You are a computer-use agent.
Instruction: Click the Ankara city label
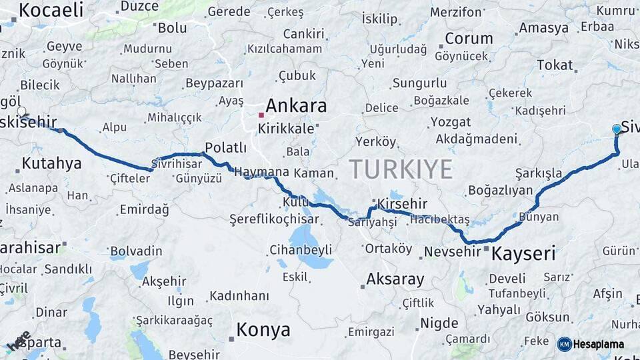point(296,106)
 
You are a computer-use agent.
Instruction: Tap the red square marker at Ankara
point(261,115)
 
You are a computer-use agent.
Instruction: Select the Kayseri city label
point(523,253)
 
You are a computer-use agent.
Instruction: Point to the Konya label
point(263,330)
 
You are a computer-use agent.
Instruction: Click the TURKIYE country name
point(401,169)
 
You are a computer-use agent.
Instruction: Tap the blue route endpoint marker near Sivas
point(617,129)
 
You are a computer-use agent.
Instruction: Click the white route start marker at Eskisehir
point(21,112)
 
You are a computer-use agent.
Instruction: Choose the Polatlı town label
point(225,147)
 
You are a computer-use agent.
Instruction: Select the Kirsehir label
point(402,203)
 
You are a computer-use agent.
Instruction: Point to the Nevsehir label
point(452,251)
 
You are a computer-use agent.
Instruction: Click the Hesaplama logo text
point(599,345)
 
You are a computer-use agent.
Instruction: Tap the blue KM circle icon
point(564,345)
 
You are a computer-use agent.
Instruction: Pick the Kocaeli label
point(51,10)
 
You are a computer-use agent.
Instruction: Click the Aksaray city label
point(395,279)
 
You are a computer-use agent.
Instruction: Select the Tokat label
point(555,65)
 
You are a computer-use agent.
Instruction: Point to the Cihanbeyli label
point(301,250)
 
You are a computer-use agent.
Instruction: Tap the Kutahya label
point(51,163)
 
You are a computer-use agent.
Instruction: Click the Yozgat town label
point(450,122)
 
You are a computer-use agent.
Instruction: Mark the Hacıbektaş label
point(441,220)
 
